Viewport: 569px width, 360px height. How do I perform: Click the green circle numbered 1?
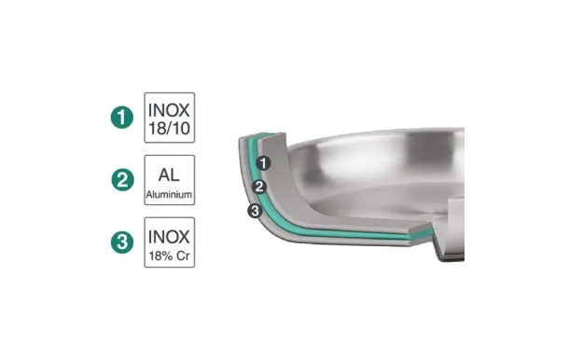coord(120,118)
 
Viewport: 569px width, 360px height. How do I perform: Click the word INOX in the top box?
coord(170,108)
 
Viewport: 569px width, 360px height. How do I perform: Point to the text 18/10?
coord(170,129)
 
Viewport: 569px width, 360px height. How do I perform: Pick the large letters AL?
coord(170,173)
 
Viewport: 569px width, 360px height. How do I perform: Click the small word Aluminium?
coord(170,196)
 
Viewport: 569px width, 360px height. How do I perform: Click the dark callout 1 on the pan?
coord(264,163)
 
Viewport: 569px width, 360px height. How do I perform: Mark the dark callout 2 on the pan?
coord(260,187)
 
